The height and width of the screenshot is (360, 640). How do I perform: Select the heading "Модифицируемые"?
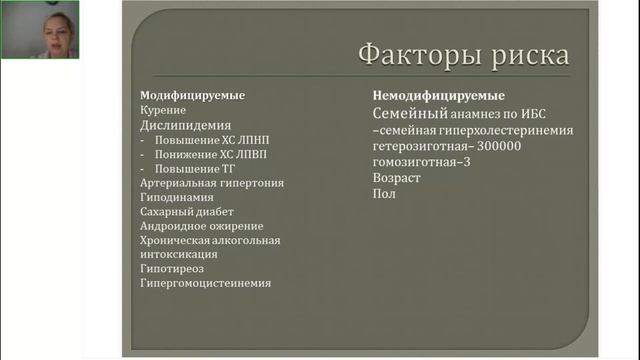[x=192, y=96]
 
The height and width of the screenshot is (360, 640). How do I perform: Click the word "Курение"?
[x=163, y=111]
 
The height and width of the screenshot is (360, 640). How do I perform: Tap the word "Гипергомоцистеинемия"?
[x=205, y=283]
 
